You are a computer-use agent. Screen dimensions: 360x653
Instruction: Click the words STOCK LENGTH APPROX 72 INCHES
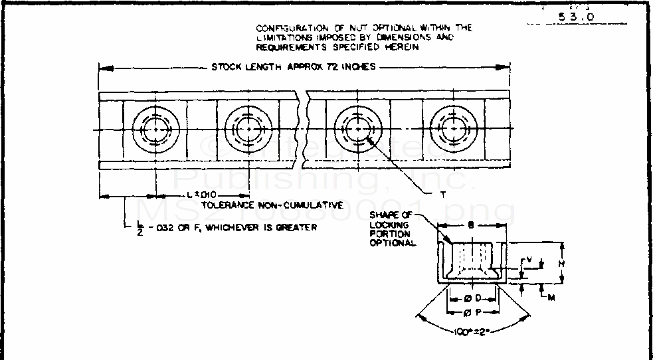(x=294, y=66)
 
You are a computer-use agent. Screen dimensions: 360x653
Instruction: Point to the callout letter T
(x=442, y=195)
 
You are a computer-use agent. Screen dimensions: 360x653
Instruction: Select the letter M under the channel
(x=551, y=298)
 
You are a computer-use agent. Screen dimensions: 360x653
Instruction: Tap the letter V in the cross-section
(x=528, y=260)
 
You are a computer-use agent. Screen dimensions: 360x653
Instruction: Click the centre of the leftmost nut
(x=156, y=128)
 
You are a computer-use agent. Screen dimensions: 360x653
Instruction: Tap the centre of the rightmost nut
(x=454, y=128)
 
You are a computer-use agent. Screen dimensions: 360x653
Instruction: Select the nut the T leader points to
(x=357, y=128)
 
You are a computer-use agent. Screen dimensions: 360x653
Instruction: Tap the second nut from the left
(x=248, y=128)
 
